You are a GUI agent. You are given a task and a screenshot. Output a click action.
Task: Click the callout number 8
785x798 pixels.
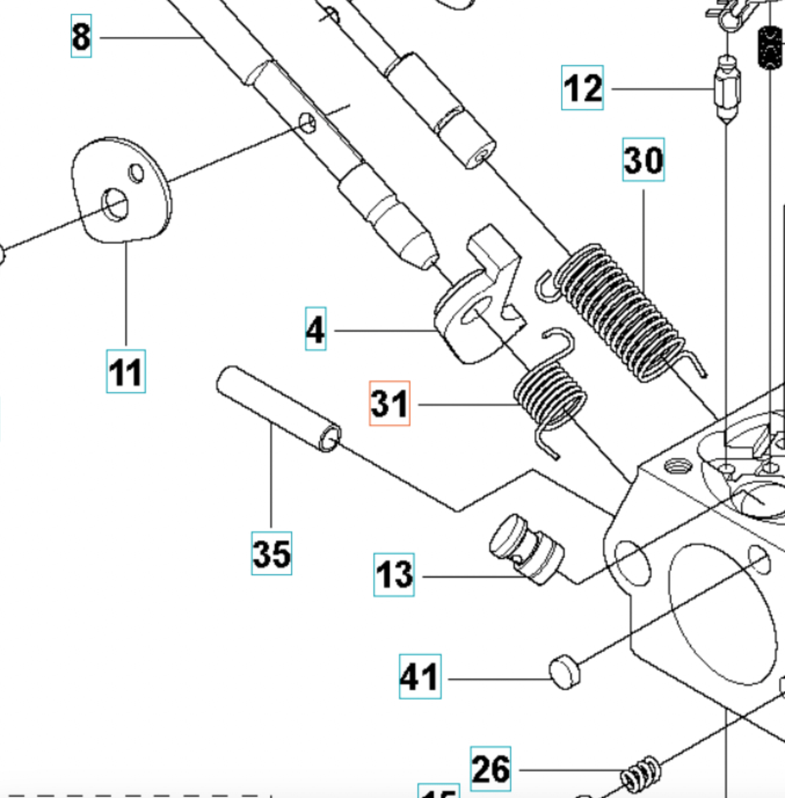pos(81,36)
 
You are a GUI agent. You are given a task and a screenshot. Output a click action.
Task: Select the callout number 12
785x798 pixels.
pos(582,88)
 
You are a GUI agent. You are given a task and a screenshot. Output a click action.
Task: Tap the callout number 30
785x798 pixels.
pos(643,159)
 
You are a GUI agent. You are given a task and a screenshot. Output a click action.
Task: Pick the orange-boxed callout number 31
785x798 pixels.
pos(390,403)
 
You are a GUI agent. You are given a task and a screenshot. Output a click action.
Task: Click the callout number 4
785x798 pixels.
pos(315,329)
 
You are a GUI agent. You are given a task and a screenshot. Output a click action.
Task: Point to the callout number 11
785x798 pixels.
pos(126,372)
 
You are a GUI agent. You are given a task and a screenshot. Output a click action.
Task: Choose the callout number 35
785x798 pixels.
pos(271,553)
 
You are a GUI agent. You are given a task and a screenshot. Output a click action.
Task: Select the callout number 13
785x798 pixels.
pos(394,575)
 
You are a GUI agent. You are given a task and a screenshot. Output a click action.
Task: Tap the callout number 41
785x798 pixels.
pos(420,676)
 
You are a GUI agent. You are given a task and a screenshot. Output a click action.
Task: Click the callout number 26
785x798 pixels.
pos(490,769)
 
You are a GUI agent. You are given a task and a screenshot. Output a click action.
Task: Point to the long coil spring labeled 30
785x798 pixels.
pos(620,313)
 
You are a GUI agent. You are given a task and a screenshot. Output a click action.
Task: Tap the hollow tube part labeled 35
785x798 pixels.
pos(278,408)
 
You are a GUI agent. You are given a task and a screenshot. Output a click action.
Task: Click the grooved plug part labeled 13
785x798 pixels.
pos(528,548)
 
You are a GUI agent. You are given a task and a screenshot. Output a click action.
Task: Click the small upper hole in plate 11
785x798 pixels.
pos(136,173)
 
